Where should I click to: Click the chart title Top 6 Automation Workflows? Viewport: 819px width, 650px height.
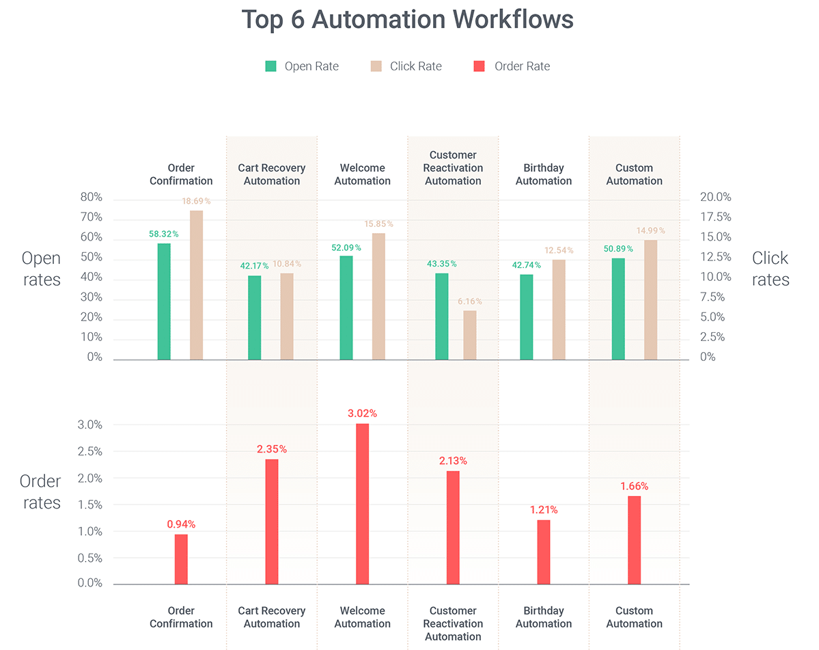(408, 19)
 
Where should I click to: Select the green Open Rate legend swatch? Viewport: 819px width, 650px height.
(271, 66)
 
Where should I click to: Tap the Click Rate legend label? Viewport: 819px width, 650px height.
(415, 66)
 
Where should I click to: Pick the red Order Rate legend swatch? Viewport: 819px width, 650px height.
(480, 66)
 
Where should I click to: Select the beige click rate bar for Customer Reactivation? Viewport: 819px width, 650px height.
(470, 335)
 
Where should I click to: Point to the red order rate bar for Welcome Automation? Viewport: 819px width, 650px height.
(362, 504)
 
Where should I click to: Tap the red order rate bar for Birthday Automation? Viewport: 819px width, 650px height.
(544, 552)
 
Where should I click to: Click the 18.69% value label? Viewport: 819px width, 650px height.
(196, 202)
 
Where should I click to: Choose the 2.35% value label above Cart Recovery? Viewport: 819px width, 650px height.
(272, 449)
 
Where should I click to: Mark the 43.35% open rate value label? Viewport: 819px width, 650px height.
(442, 264)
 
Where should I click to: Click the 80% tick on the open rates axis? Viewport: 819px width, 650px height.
(92, 198)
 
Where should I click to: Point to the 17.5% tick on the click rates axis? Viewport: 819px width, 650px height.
(715, 217)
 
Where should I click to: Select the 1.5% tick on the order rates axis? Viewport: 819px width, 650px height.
(89, 505)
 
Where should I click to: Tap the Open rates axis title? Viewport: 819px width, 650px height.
(42, 269)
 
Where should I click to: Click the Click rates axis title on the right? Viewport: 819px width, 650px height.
(770, 269)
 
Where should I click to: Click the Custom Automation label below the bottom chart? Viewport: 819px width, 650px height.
(634, 617)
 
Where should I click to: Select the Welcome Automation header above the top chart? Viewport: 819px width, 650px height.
(362, 174)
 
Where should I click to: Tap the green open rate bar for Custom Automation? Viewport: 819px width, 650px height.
(618, 308)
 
